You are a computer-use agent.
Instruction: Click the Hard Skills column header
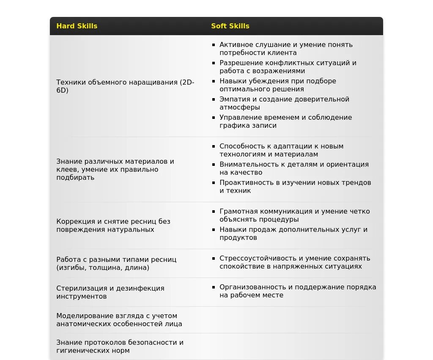click(x=77, y=26)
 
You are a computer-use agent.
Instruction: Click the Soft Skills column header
click(x=230, y=26)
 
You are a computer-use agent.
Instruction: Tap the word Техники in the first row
click(x=71, y=82)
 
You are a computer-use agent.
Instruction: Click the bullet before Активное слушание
click(x=214, y=44)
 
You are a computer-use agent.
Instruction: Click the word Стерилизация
click(x=81, y=289)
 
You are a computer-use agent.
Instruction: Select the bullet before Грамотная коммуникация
click(x=214, y=212)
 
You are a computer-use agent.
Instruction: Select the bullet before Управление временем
click(x=214, y=118)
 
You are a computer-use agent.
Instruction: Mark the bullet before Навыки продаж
click(x=214, y=230)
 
